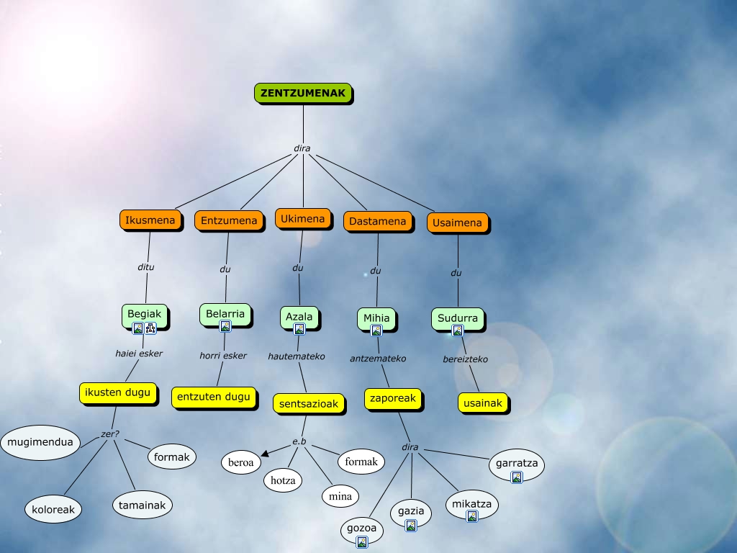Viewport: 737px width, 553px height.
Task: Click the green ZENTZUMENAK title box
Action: (x=303, y=93)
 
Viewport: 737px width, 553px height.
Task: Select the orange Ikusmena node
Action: (x=150, y=220)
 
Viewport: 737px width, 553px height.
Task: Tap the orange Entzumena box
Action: (x=229, y=220)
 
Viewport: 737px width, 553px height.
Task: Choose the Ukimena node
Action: (x=302, y=218)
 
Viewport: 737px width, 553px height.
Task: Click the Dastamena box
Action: (x=378, y=222)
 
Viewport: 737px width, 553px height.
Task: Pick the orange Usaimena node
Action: (x=458, y=222)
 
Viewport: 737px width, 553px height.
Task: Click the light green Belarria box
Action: (x=225, y=313)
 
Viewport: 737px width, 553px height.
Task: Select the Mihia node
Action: (x=376, y=318)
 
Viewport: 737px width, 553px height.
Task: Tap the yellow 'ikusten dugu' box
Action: (x=117, y=392)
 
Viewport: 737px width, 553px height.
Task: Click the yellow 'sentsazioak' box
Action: (x=308, y=404)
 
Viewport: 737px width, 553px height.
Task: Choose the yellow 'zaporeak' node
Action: (x=392, y=398)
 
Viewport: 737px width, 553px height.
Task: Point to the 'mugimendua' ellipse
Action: (x=40, y=442)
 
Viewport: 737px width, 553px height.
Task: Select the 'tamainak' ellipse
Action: (x=143, y=505)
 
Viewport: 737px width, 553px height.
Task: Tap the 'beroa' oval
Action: (x=241, y=462)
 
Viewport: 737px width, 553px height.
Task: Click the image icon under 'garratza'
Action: (x=516, y=477)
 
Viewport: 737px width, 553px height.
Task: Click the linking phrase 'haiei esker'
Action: (x=139, y=354)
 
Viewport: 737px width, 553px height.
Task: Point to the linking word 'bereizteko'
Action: (x=465, y=359)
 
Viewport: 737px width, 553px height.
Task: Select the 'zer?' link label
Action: (x=110, y=434)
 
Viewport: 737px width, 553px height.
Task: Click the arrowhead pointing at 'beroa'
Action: (x=266, y=453)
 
